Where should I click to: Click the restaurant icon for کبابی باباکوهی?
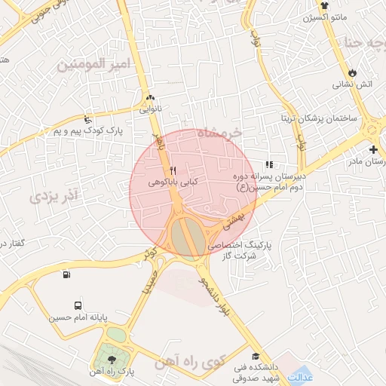pos(174,169)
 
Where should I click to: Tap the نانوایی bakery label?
pos(148,109)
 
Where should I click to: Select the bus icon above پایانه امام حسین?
pos(78,305)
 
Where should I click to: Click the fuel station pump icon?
pos(68,275)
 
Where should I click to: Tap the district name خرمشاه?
pos(221,133)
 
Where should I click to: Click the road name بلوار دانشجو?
pos(213,295)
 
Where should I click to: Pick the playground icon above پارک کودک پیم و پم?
pos(88,119)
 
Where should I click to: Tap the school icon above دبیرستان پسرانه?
pos(269,164)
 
